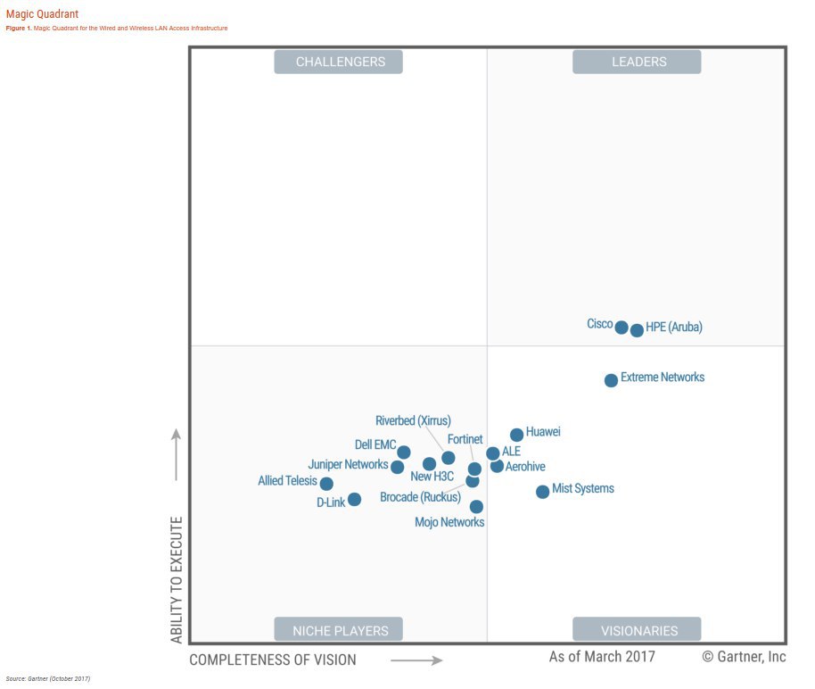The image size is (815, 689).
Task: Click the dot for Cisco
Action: pos(622,327)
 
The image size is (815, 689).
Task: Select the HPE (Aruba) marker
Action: pos(637,330)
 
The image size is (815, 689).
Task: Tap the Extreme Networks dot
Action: pos(611,380)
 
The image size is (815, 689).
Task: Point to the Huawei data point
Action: pos(516,435)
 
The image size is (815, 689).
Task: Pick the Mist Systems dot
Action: pos(542,492)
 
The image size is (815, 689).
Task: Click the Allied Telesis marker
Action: pos(326,484)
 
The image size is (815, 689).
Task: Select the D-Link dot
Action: pos(354,499)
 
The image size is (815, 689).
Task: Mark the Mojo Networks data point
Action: pos(476,506)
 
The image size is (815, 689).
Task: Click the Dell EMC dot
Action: pos(404,452)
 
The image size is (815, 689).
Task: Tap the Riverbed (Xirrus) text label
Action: pos(413,421)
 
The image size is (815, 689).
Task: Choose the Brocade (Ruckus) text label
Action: pos(420,497)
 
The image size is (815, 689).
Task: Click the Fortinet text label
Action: pos(465,439)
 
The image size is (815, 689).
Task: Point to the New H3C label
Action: pos(432,477)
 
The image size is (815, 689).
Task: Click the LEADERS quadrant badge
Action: pos(637,62)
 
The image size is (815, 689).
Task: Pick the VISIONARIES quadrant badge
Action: pos(637,630)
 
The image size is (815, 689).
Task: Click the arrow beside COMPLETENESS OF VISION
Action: pos(416,660)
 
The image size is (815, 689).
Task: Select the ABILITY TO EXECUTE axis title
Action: pos(177,579)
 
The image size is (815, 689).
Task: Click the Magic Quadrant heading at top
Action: pos(42,14)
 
